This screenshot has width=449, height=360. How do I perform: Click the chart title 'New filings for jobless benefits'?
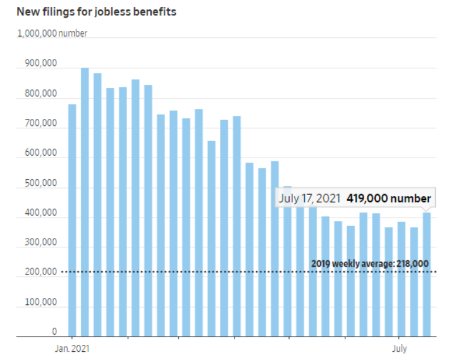(x=97, y=11)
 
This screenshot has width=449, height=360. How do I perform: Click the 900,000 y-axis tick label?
(x=41, y=64)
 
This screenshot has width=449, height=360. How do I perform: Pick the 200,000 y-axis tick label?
(x=41, y=273)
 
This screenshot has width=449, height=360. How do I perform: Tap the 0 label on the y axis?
(x=54, y=332)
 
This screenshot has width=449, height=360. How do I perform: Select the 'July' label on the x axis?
(x=400, y=348)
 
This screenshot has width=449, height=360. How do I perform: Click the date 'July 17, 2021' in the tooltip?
(x=311, y=198)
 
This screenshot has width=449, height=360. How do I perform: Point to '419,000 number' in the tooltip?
(x=388, y=198)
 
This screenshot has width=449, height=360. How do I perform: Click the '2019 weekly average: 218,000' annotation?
(x=369, y=264)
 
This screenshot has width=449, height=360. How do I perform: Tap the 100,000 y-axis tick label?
(x=41, y=302)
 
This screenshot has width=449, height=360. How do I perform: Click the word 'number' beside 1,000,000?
(x=73, y=33)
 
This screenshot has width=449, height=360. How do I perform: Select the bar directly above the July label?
(x=402, y=278)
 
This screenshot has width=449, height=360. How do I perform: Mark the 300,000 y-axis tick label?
(x=41, y=243)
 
